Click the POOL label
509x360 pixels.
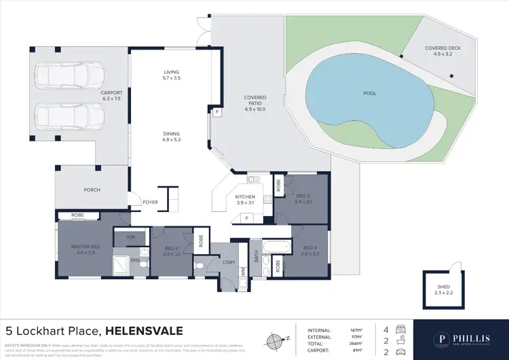[x=369, y=93]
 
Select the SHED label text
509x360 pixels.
[x=442, y=287]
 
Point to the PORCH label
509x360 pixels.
[x=92, y=190]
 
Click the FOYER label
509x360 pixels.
[x=150, y=202]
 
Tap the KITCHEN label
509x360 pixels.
[x=246, y=197]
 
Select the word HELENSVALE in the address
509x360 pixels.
[x=143, y=331]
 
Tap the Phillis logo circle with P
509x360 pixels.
[x=442, y=338]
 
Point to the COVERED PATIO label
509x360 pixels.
[x=255, y=103]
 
